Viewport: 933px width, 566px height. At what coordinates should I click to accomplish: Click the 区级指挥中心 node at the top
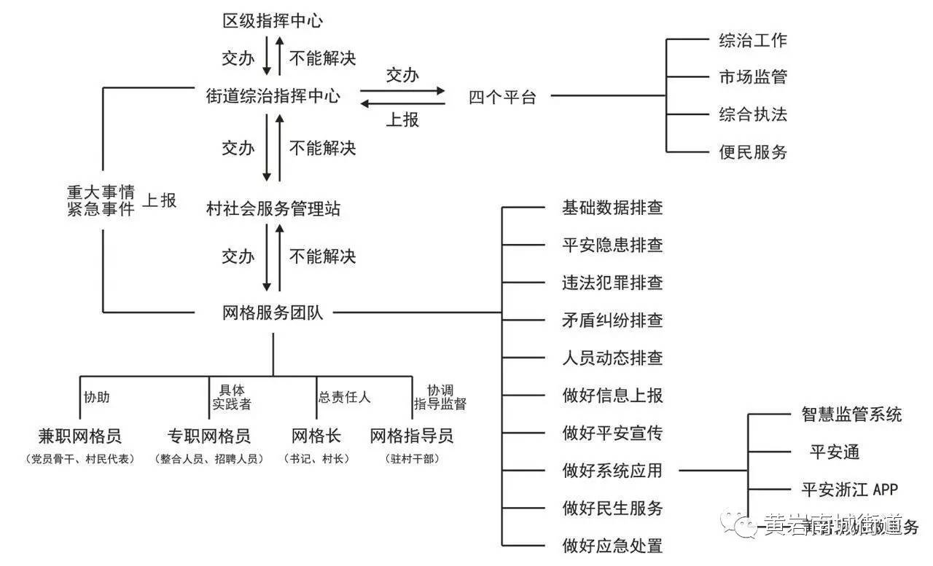click(273, 20)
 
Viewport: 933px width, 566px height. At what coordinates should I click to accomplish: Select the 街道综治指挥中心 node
click(273, 95)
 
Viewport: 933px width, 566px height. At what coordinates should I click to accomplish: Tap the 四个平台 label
click(502, 97)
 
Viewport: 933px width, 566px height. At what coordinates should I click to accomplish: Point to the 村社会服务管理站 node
click(273, 210)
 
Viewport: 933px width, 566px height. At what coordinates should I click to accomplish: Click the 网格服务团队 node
click(273, 313)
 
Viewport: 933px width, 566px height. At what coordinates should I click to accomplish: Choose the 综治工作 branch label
click(753, 40)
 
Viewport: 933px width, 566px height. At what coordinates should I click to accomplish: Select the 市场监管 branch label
click(753, 77)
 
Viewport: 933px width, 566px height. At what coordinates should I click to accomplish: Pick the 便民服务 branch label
click(753, 152)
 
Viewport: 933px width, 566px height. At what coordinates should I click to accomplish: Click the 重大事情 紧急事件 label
click(101, 201)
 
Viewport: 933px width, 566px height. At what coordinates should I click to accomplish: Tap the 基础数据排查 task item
click(612, 208)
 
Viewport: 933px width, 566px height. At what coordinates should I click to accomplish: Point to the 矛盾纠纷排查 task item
click(612, 321)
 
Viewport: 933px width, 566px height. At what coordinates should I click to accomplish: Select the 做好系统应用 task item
click(612, 471)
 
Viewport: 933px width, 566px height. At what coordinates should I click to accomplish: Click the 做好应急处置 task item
click(612, 545)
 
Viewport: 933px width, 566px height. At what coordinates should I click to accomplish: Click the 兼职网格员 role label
click(79, 436)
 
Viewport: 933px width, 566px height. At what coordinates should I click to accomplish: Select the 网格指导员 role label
click(412, 436)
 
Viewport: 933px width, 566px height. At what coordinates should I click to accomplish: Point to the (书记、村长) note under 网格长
click(316, 459)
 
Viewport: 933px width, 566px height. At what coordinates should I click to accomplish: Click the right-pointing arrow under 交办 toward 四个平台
click(402, 90)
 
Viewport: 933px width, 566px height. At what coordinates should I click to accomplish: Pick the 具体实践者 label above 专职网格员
click(232, 397)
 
